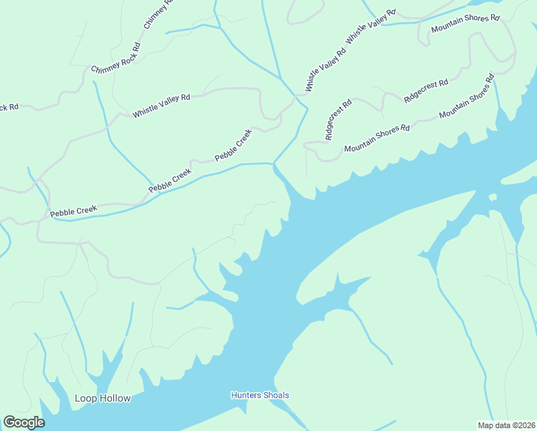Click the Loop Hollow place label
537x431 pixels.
103,398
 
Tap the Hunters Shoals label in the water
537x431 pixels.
260,395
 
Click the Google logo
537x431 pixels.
23,422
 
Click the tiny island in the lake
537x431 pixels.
492,197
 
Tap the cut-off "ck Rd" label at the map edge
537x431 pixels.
9,108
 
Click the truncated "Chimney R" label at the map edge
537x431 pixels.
159,14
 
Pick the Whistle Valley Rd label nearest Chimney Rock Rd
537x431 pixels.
162,105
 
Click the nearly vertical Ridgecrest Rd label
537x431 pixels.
338,119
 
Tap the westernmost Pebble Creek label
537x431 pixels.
73,210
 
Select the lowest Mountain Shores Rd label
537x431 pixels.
376,139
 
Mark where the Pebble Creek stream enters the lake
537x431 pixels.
274,164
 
